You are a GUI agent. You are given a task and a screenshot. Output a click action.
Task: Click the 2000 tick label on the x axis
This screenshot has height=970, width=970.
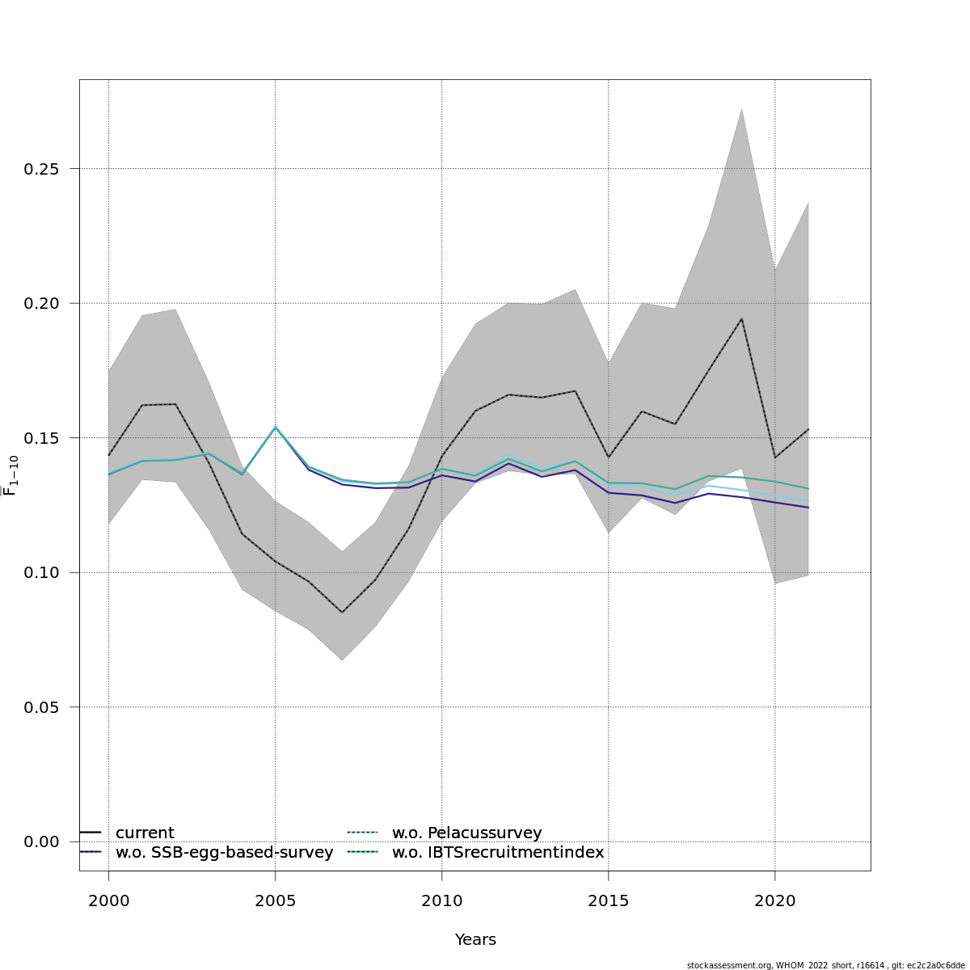[109, 899]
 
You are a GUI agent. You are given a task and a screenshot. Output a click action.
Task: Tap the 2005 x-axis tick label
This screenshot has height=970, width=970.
[276, 899]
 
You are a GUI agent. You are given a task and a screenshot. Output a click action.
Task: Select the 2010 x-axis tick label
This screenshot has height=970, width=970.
[442, 899]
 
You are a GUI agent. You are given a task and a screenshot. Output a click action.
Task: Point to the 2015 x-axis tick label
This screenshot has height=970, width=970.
[609, 899]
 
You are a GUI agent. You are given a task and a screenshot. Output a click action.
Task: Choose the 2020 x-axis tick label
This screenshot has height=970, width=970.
[775, 899]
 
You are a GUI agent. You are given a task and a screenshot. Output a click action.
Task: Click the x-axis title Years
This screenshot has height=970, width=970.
[475, 940]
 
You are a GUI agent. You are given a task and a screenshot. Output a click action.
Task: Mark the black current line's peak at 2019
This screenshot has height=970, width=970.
[742, 318]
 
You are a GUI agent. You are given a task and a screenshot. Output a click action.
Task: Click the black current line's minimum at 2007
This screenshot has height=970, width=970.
[342, 613]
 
